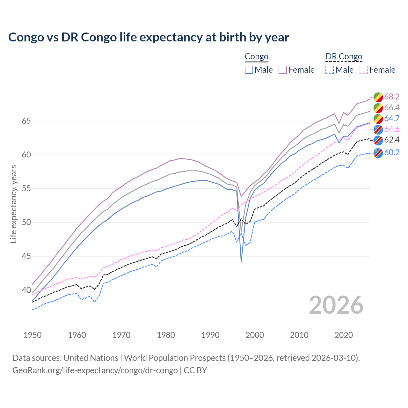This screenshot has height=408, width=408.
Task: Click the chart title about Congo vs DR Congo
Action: (x=149, y=37)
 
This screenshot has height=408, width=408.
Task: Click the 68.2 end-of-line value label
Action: (x=392, y=97)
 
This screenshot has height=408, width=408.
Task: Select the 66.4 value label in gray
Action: (x=392, y=107)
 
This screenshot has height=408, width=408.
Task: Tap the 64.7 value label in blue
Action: (x=392, y=118)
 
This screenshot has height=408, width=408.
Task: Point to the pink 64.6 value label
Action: (x=392, y=129)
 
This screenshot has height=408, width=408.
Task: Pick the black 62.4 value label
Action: (x=392, y=140)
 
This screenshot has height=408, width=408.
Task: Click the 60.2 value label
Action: (x=392, y=152)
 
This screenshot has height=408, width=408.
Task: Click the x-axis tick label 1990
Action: (x=210, y=335)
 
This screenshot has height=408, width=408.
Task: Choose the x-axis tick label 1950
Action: (x=33, y=335)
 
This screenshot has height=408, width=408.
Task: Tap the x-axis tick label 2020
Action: (x=344, y=335)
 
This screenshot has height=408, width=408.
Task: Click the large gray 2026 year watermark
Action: (x=336, y=305)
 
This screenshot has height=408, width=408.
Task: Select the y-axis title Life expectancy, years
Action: (x=13, y=204)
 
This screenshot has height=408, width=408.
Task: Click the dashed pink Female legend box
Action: (x=364, y=70)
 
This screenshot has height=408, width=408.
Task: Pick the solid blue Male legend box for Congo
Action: (x=249, y=70)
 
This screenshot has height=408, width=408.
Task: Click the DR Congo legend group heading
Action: (x=344, y=57)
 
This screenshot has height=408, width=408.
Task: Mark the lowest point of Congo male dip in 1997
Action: (x=241, y=262)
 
